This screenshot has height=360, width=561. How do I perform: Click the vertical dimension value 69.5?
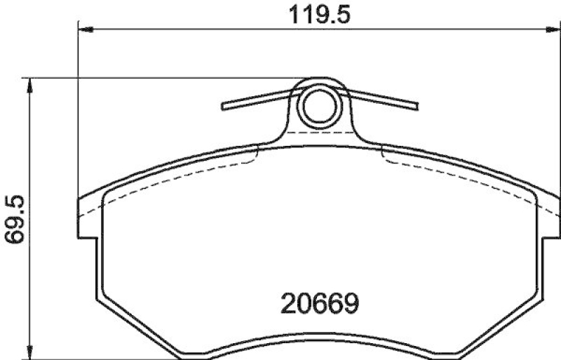15,220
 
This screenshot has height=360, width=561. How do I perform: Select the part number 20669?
320,304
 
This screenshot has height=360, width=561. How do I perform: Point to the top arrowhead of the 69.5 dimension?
29,84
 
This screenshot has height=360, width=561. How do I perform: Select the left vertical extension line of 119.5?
77,126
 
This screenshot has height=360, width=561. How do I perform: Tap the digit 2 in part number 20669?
288,304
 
